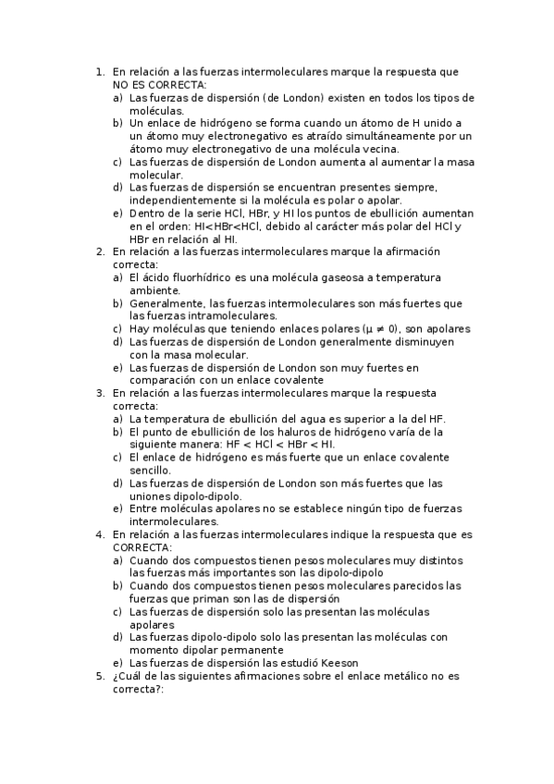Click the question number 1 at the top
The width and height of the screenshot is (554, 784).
pyautogui.click(x=99, y=70)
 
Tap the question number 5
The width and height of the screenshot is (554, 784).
pyautogui.click(x=99, y=676)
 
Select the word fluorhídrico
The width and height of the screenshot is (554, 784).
pyautogui.click(x=202, y=277)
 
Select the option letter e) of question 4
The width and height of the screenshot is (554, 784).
pyautogui.click(x=117, y=663)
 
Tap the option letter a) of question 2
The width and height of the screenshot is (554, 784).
pyautogui.click(x=117, y=277)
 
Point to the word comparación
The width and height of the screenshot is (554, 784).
pyautogui.click(x=166, y=380)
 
